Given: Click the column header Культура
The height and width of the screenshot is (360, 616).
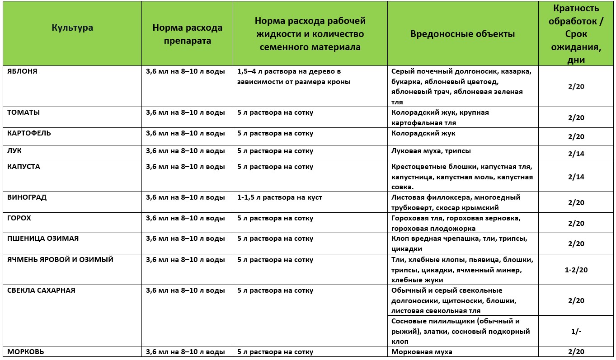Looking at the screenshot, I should click(x=72, y=28).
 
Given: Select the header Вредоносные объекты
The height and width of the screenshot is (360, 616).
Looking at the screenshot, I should click(x=462, y=34).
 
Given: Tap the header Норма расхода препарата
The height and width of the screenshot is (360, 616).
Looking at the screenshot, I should click(x=187, y=34).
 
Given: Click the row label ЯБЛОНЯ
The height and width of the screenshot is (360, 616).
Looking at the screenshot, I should click(x=22, y=71).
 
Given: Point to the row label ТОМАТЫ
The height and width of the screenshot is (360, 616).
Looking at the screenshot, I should click(x=24, y=112).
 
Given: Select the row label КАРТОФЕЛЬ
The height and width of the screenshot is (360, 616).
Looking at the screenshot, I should click(x=29, y=133).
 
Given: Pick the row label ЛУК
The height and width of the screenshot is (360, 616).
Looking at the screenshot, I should click(x=14, y=151).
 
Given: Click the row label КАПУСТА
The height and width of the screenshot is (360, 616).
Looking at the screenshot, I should click(x=24, y=167).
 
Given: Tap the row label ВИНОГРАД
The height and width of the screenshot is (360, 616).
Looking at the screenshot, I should click(x=27, y=197).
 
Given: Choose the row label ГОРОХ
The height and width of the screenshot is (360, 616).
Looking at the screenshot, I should click(x=19, y=218).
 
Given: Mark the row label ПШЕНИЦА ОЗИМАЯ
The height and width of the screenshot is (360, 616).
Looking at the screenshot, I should click(x=40, y=238).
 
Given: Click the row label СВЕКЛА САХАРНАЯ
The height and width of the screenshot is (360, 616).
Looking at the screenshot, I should click(x=41, y=290).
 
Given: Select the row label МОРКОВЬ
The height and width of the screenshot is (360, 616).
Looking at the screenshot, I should click(x=25, y=352).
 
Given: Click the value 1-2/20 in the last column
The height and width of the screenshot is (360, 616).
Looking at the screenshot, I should click(x=576, y=270).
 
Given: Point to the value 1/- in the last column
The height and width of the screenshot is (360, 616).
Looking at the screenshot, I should click(x=576, y=331).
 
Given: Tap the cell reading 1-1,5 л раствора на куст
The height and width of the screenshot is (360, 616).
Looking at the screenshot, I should click(x=280, y=197).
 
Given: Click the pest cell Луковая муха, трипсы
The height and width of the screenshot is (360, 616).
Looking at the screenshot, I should click(x=431, y=151).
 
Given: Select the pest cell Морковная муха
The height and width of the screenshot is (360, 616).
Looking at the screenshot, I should click(x=422, y=352).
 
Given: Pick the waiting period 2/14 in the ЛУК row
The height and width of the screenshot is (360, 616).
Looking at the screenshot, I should click(x=576, y=154).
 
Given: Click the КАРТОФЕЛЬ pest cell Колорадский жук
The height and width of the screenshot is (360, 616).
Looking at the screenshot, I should click(x=423, y=133).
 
